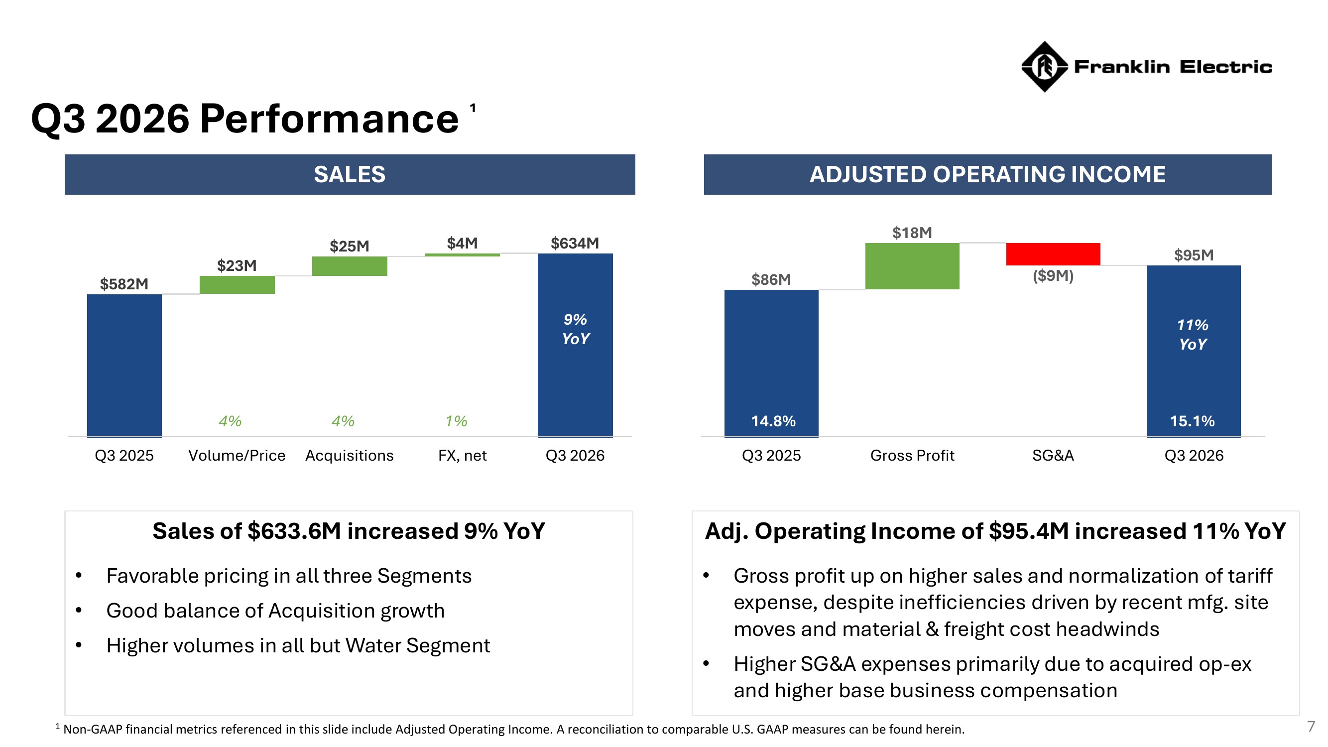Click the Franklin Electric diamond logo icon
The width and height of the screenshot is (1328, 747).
1044,67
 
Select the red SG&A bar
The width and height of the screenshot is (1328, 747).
1053,254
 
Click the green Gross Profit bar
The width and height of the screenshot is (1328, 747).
912,266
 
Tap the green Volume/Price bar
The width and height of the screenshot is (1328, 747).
237,284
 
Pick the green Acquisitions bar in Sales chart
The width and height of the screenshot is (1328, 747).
350,266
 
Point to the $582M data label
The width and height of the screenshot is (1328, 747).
124,284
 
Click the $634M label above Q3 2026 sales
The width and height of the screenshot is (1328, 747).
575,244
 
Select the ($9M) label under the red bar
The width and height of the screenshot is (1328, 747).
1053,276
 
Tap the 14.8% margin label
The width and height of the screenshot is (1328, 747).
773,421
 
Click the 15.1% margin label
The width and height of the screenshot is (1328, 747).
1193,421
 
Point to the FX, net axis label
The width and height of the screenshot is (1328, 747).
463,456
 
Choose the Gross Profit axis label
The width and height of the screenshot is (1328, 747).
912,456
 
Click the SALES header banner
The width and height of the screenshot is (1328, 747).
350,174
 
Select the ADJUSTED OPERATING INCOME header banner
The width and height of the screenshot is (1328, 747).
988,174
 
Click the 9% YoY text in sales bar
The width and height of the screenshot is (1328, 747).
575,329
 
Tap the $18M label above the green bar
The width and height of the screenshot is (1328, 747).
912,233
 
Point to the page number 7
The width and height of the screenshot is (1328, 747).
1312,727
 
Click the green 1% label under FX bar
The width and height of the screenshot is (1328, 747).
456,421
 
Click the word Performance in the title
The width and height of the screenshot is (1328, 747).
329,119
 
